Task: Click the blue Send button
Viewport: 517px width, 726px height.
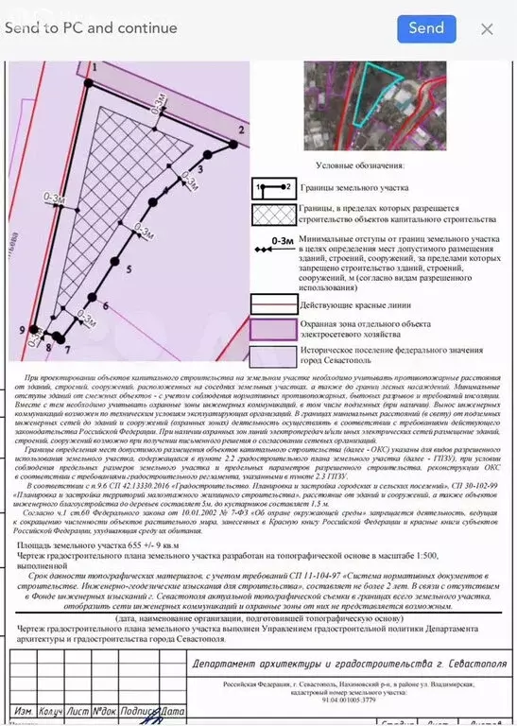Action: click(x=426, y=28)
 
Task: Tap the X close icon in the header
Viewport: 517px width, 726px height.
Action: click(x=487, y=29)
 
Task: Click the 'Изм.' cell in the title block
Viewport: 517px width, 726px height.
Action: click(x=24, y=710)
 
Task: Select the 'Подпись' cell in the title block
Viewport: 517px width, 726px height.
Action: click(x=138, y=710)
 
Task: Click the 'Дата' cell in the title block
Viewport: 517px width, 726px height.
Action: click(x=171, y=710)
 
